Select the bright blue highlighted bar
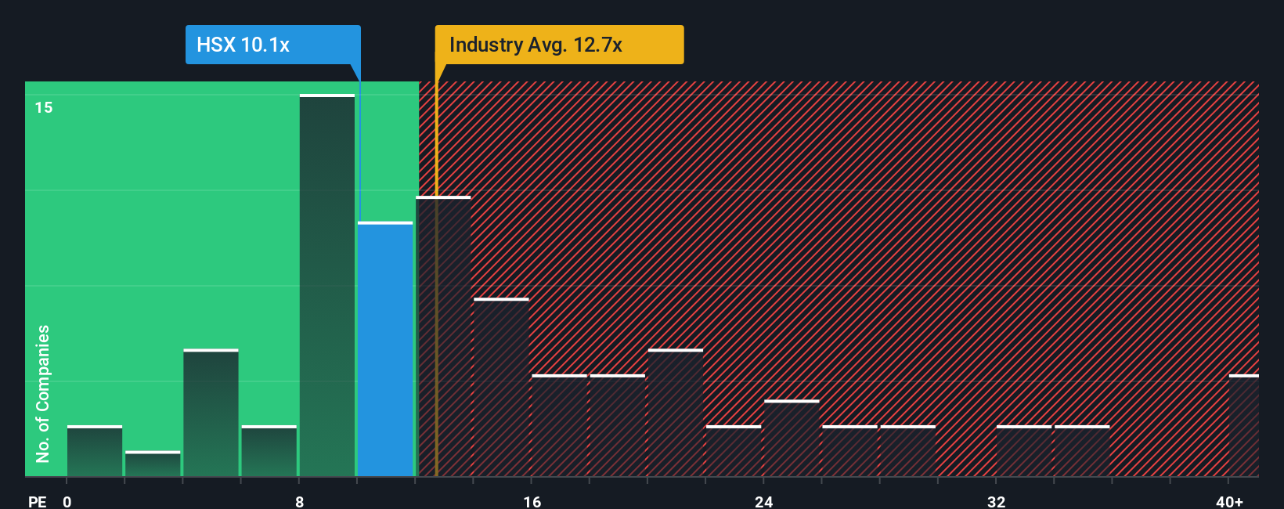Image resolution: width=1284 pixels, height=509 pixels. pyautogui.click(x=385, y=349)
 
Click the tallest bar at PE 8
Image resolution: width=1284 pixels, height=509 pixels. pyautogui.click(x=327, y=286)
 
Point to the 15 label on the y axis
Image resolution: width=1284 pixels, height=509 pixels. pyautogui.click(x=44, y=107)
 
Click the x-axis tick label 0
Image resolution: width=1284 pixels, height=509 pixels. pyautogui.click(x=67, y=501)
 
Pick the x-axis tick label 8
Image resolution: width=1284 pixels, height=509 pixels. pyautogui.click(x=299, y=501)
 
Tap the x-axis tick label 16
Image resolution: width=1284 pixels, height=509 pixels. pyautogui.click(x=532, y=501)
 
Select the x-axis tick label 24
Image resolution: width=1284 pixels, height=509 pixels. pyautogui.click(x=764, y=501)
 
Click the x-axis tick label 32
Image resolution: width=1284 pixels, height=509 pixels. pyautogui.click(x=996, y=501)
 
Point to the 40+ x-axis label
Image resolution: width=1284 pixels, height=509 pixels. pyautogui.click(x=1229, y=501)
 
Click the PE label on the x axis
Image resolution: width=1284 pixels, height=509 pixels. pyautogui.click(x=37, y=501)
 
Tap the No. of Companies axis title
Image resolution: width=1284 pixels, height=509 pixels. pyautogui.click(x=43, y=393)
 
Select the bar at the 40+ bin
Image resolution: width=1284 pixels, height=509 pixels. pyautogui.click(x=1243, y=426)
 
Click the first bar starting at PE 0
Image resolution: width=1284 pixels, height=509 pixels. pyautogui.click(x=95, y=451)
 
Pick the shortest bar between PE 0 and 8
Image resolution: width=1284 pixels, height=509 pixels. pyautogui.click(x=153, y=464)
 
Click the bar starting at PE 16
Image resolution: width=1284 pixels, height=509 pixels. pyautogui.click(x=559, y=426)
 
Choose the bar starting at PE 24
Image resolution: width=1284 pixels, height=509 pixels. pyautogui.click(x=792, y=439)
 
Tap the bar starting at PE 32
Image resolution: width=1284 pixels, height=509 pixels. pyautogui.click(x=1024, y=451)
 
